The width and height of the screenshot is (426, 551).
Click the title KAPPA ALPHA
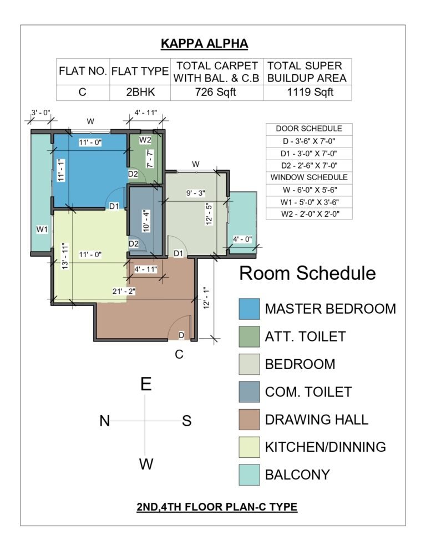tap(204, 44)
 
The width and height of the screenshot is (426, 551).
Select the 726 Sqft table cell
tap(215, 93)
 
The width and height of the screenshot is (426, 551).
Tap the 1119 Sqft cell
tap(310, 93)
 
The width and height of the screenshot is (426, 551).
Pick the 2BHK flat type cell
tap(140, 93)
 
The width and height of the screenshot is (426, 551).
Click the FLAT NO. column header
tap(83, 72)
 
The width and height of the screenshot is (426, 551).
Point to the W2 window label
tap(145, 140)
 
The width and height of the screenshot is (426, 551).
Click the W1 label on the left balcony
tap(42, 229)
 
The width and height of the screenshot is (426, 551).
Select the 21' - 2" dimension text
tap(124, 292)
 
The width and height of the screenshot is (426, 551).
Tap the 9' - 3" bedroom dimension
tap(196, 193)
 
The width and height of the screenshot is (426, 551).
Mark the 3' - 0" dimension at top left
tap(41, 113)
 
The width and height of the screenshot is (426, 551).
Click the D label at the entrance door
tap(181, 335)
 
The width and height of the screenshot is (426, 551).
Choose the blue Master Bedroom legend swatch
tap(250, 309)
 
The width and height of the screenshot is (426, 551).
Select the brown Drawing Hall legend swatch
tap(250, 420)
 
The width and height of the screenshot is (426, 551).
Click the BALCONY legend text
tap(297, 475)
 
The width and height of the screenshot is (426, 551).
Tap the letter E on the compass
tap(146, 384)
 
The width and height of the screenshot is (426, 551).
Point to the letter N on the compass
tap(105, 421)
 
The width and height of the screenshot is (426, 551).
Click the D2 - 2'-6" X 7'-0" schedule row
tap(309, 166)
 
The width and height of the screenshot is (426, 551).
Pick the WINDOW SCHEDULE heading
tap(309, 177)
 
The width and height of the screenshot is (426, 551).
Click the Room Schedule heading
tap(307, 273)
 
